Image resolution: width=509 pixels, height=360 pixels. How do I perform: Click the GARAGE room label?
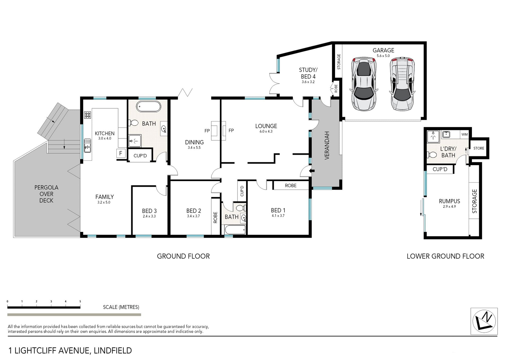pyautogui.click(x=383, y=50)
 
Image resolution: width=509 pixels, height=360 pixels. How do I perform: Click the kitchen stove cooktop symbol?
pyautogui.click(x=87, y=115)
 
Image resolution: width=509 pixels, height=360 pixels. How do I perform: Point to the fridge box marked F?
pyautogui.click(x=121, y=153)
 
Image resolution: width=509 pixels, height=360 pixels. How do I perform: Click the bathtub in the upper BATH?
pyautogui.click(x=148, y=107)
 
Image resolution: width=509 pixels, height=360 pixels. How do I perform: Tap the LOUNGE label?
pyautogui.click(x=266, y=126)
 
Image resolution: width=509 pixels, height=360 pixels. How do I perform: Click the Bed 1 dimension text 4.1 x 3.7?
pyautogui.click(x=278, y=216)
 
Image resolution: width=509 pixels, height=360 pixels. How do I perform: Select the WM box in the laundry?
pyautogui.click(x=464, y=134)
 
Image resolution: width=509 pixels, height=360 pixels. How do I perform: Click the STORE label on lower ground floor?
pyautogui.click(x=479, y=148)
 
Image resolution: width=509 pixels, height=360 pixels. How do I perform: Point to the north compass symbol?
pyautogui.click(x=484, y=321)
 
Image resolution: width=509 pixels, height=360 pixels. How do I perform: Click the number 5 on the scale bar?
pyautogui.click(x=80, y=301)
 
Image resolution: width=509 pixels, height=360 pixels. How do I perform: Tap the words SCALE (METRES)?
pyautogui.click(x=121, y=307)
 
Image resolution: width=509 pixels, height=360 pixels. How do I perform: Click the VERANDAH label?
pyautogui.click(x=327, y=145)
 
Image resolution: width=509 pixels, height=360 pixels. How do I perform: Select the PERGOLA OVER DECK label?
pyautogui.click(x=46, y=194)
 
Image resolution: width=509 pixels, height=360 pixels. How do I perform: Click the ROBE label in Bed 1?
pyautogui.click(x=291, y=186)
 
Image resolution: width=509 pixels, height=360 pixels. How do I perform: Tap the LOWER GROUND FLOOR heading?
pyautogui.click(x=445, y=256)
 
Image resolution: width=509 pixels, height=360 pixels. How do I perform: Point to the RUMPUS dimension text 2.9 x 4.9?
pyautogui.click(x=449, y=207)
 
